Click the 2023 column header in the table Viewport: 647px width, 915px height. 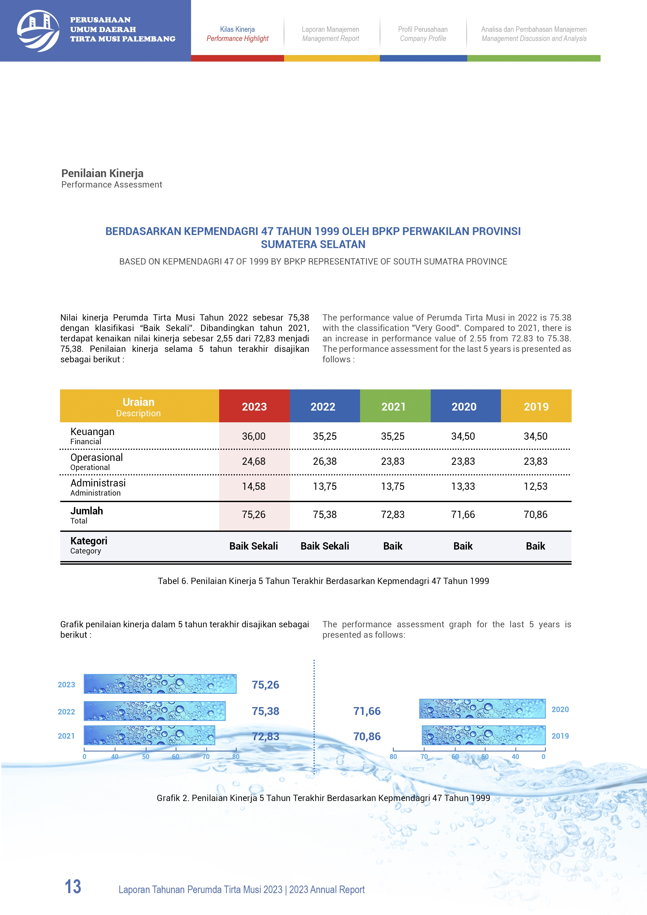coord(254,406)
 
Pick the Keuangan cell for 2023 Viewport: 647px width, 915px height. coord(254,436)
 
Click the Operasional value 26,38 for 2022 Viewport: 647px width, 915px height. coord(325,461)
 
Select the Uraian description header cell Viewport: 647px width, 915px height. coord(139,406)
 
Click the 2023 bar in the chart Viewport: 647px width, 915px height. coord(160,684)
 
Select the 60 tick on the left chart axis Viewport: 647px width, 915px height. coord(175,756)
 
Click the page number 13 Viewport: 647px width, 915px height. coord(73,887)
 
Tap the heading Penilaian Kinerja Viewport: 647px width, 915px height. coord(103,173)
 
